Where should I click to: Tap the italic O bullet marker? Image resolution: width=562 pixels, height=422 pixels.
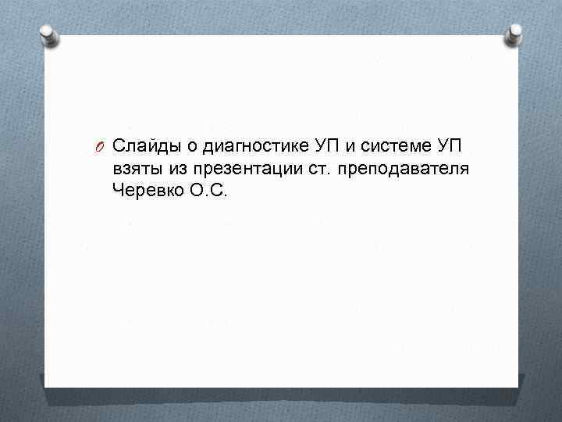[x=99, y=147]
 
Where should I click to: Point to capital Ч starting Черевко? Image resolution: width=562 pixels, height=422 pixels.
[x=118, y=190]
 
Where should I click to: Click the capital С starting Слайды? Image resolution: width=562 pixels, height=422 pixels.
[x=119, y=146]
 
